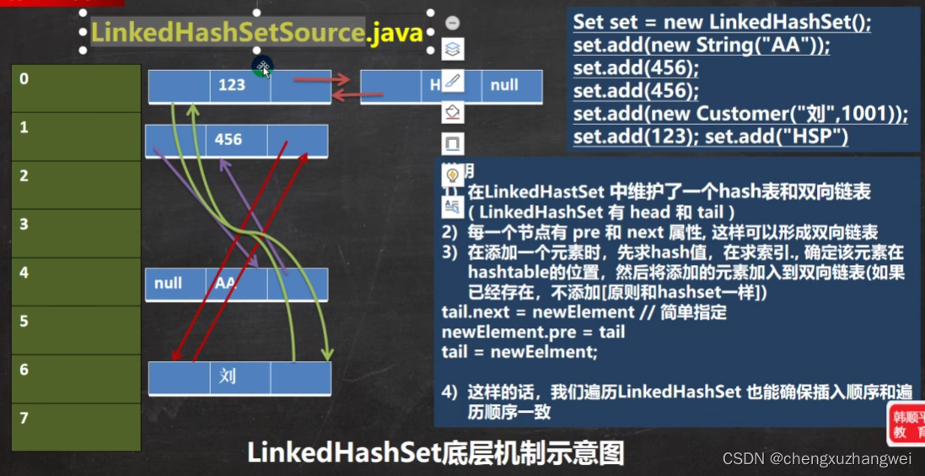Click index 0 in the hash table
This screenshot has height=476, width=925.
click(24, 79)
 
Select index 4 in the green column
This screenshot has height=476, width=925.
click(24, 273)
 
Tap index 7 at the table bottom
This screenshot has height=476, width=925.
click(24, 419)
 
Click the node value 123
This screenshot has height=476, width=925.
click(231, 84)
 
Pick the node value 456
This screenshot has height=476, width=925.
click(229, 139)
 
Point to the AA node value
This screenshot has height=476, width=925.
click(226, 284)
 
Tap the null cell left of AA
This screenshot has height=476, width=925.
click(169, 284)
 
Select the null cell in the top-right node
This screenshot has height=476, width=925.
click(504, 84)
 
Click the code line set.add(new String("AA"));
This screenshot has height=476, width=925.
click(701, 46)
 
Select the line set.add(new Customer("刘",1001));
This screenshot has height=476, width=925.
click(740, 113)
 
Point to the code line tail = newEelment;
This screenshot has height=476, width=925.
click(519, 352)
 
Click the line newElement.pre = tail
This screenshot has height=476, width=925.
click(533, 332)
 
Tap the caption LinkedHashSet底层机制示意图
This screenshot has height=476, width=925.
click(435, 453)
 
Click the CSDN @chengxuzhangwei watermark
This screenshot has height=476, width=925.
click(817, 458)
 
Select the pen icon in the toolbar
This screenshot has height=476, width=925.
click(453, 81)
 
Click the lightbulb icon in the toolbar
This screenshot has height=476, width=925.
click(453, 175)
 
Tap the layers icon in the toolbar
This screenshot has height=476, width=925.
click(453, 50)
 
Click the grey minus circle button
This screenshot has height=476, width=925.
click(453, 23)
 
